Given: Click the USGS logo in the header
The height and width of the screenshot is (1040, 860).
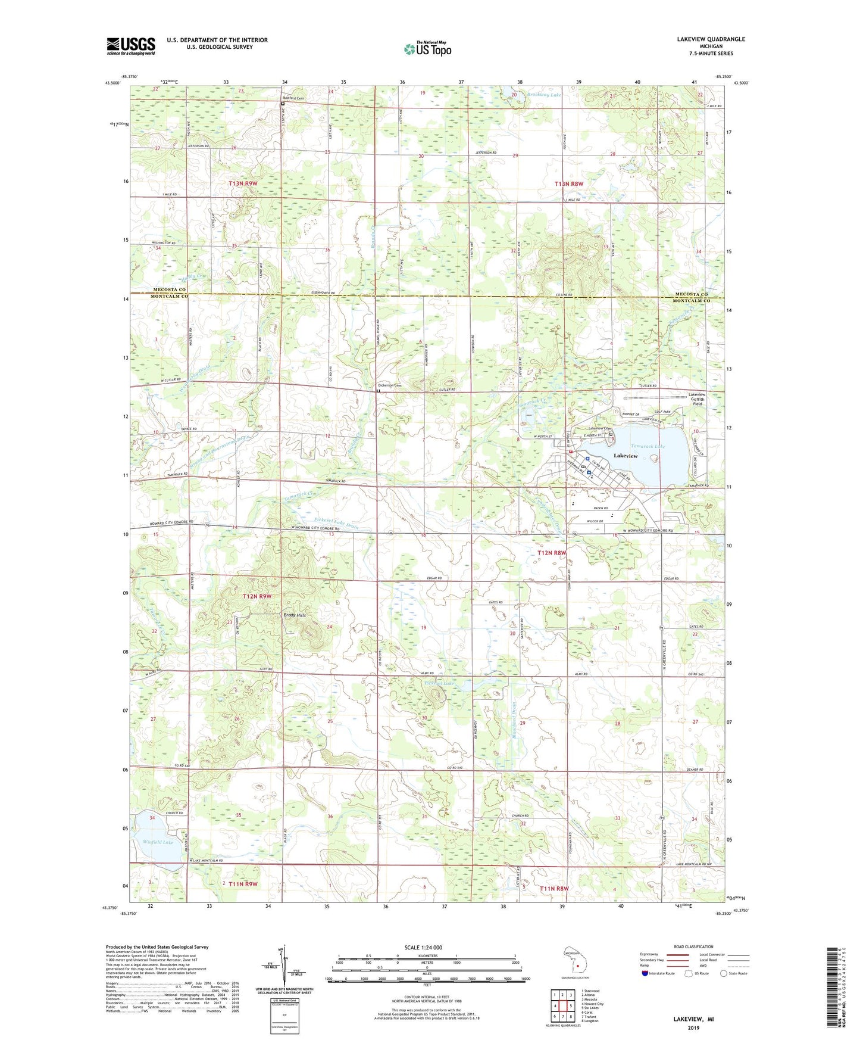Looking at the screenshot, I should click(x=131, y=46).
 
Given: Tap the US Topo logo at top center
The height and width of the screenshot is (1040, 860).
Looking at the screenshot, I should click(x=427, y=49).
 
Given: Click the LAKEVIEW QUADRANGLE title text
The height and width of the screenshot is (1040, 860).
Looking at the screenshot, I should click(x=711, y=39).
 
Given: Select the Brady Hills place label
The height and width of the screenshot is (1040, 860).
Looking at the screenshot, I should click(x=294, y=615).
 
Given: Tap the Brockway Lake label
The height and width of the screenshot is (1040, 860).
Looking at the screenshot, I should click(x=543, y=95).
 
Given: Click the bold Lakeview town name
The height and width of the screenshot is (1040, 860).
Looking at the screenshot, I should click(x=626, y=456).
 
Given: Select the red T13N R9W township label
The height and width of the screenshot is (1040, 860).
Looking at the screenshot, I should click(x=243, y=184).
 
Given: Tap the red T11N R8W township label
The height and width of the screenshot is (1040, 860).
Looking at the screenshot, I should click(x=554, y=889).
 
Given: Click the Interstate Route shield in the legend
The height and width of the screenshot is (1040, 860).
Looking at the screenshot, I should click(x=645, y=973).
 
